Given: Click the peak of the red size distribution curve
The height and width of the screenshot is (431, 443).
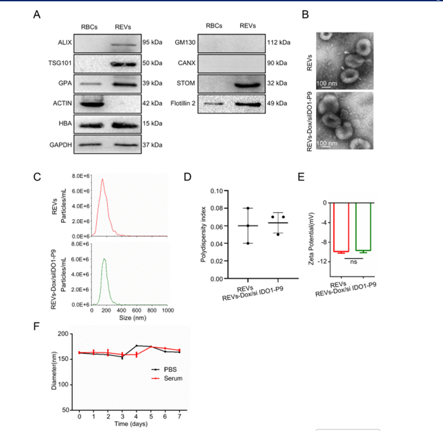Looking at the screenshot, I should point(102,179).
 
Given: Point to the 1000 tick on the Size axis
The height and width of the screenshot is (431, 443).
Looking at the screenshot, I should point(167,311).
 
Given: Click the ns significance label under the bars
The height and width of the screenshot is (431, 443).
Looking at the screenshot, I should point(353,261).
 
